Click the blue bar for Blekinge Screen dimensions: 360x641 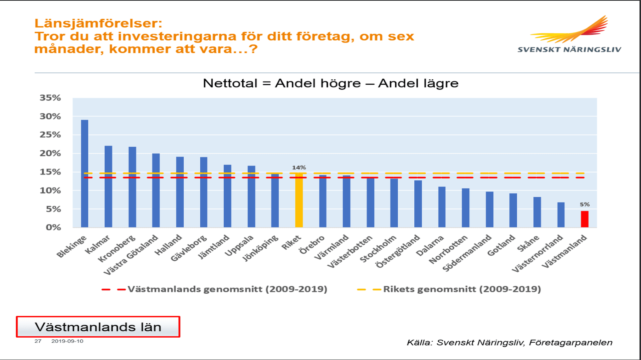(x=84, y=173)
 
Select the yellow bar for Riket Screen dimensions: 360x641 (x=299, y=200)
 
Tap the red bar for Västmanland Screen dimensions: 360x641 (x=585, y=219)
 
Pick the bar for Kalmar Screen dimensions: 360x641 (x=109, y=187)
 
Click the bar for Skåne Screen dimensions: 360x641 (x=537, y=212)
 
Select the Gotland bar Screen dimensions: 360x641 (x=513, y=210)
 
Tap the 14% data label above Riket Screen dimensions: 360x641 (x=299, y=167)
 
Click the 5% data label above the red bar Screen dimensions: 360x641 (x=585, y=204)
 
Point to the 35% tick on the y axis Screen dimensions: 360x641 (x=50, y=98)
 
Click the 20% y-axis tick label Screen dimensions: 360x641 (x=50, y=153)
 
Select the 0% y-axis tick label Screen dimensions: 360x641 (x=53, y=228)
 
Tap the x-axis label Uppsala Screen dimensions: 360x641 (x=239, y=246)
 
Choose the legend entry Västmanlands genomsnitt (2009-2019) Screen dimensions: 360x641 (x=227, y=289)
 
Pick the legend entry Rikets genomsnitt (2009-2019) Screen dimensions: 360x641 (x=462, y=289)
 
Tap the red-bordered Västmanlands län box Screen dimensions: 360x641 (x=98, y=327)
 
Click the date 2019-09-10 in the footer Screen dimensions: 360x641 (x=67, y=341)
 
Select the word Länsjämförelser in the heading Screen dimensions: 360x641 (x=98, y=23)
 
